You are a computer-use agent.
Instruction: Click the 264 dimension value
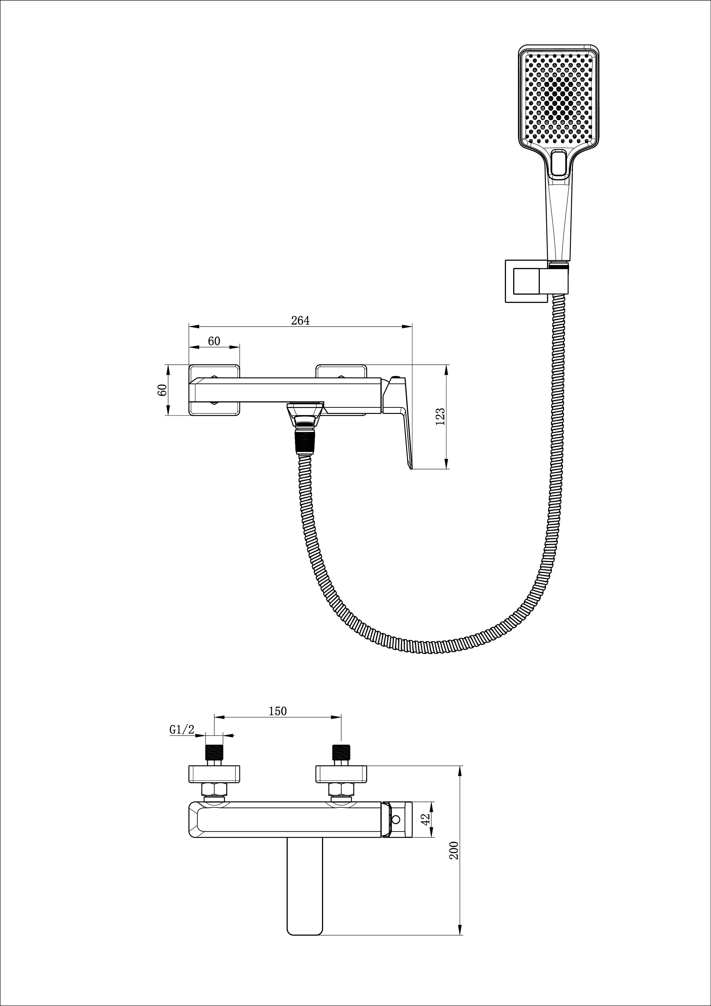tap(300, 320)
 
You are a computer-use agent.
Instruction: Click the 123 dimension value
tap(441, 416)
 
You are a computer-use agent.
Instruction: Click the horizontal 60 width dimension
tap(214, 341)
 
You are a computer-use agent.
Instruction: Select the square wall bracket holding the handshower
tap(526, 281)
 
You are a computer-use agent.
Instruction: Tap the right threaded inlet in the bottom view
tap(341, 752)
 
